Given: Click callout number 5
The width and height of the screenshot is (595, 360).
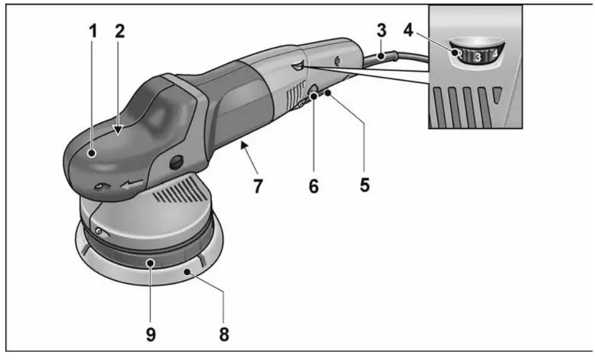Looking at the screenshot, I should point(365,185).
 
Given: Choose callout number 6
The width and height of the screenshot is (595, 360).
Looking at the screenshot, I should point(314,186).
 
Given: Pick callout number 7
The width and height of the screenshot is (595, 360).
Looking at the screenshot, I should point(257,186).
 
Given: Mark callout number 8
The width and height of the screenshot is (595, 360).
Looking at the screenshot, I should point(223,333).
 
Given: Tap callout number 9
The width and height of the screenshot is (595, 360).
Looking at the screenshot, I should point(150,333).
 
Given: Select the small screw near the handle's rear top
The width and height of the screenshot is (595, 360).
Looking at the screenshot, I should point(338,60).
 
